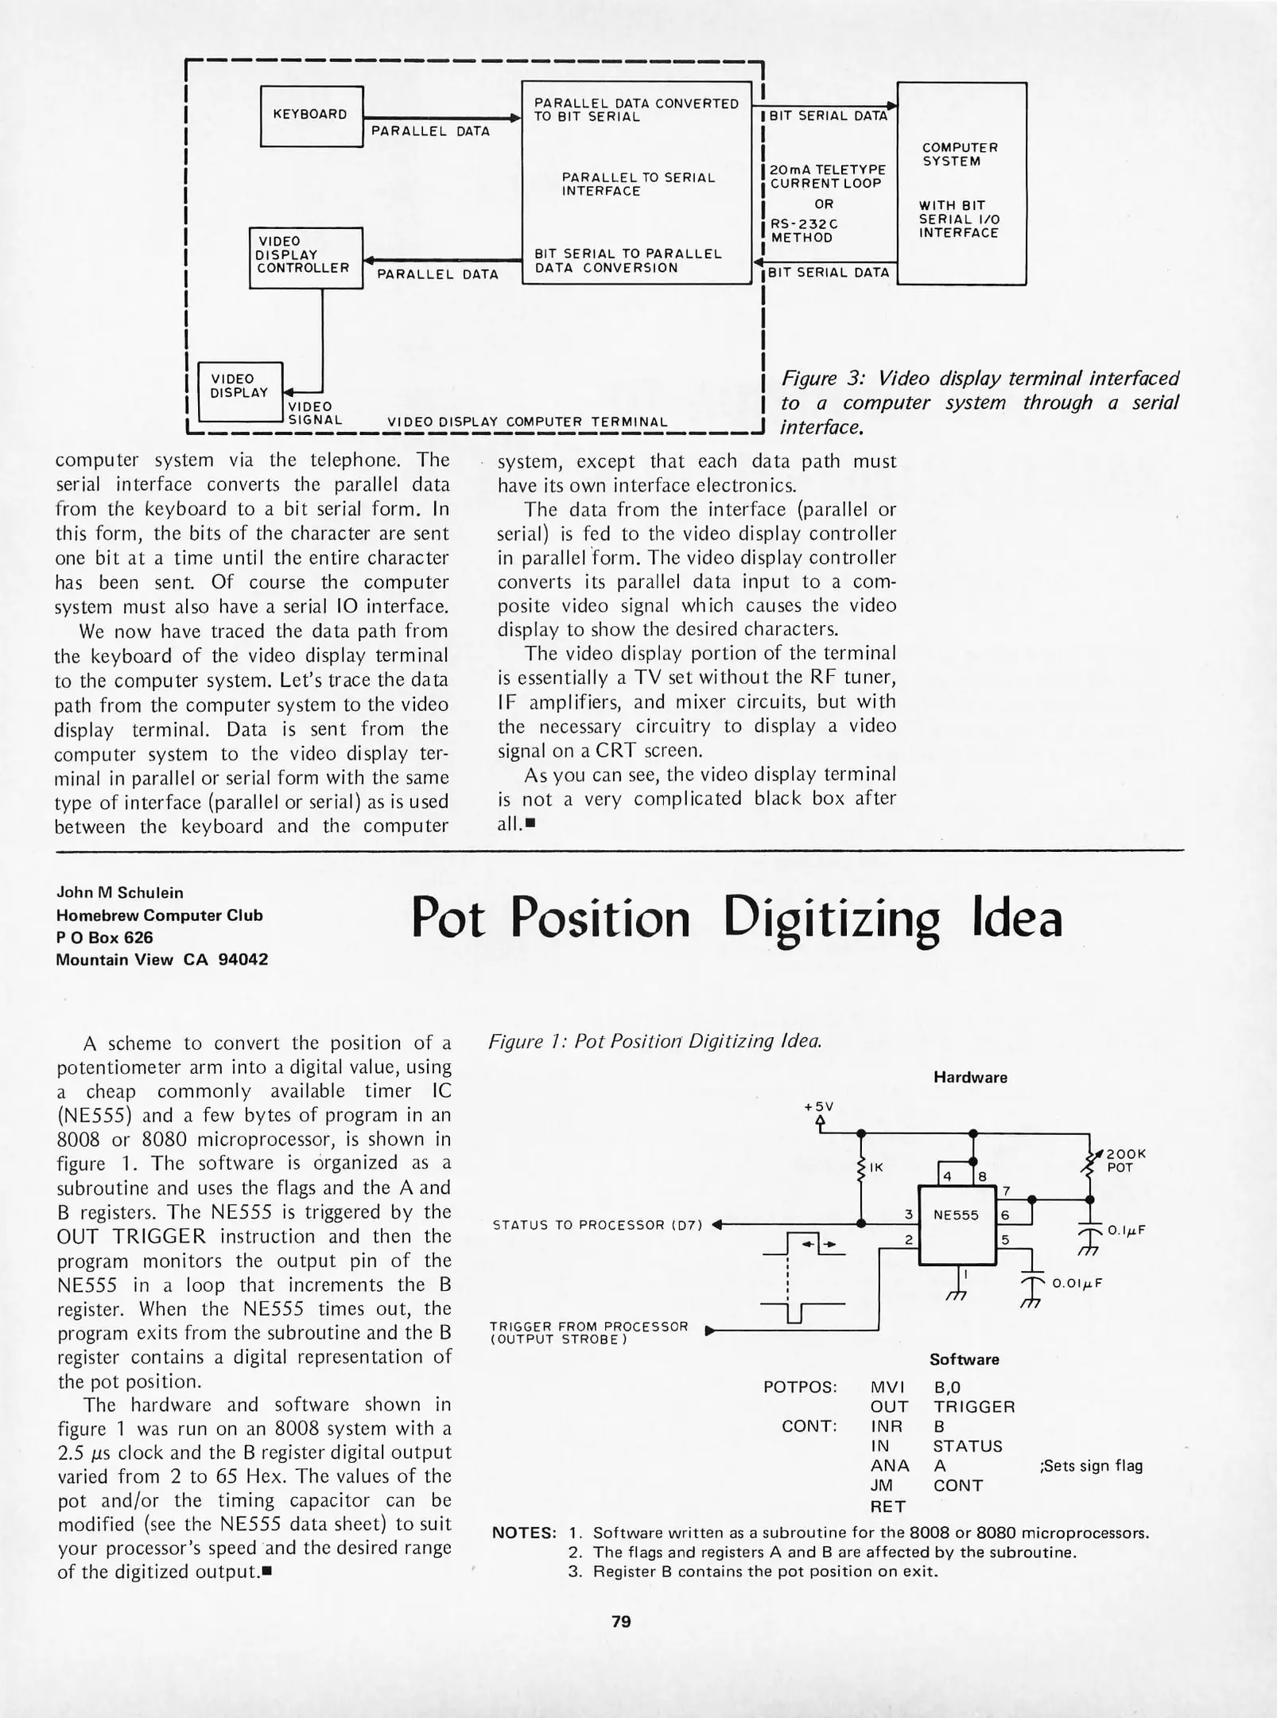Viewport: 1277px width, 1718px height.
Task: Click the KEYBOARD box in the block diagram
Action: point(311,116)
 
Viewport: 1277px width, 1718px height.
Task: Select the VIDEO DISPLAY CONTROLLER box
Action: point(305,257)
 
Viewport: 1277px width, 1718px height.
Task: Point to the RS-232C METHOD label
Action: point(804,231)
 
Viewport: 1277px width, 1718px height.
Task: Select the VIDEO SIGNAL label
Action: point(314,414)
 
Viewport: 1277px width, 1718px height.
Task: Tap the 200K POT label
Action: point(1125,1160)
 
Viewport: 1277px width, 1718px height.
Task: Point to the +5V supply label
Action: point(818,1106)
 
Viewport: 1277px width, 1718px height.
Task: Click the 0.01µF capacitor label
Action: point(1077,1283)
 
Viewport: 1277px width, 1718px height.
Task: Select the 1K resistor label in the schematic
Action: point(876,1168)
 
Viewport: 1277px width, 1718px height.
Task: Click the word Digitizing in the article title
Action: point(830,919)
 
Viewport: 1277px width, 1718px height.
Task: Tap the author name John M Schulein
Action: point(119,892)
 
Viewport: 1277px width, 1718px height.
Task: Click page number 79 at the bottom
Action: point(621,1621)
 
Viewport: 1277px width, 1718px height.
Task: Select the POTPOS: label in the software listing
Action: point(800,1388)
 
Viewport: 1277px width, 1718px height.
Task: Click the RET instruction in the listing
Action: point(887,1506)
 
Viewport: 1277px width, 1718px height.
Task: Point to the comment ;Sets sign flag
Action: point(1091,1465)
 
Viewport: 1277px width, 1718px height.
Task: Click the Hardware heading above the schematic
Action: point(970,1077)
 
